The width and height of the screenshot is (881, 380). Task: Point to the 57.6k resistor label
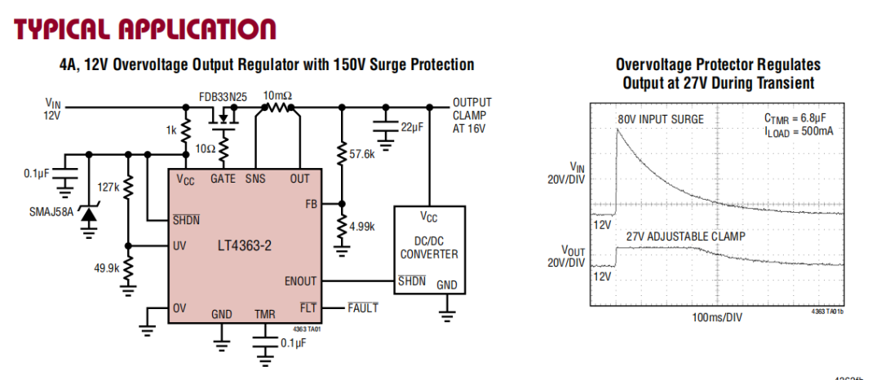361,153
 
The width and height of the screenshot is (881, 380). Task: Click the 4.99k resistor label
361,226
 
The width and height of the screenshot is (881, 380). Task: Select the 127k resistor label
108,187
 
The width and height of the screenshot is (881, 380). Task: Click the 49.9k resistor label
105,267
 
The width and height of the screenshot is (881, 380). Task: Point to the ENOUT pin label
301,281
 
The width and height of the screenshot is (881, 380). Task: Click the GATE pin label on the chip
223,178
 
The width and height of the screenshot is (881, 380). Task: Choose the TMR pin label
264,314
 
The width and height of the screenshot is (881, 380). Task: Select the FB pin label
312,203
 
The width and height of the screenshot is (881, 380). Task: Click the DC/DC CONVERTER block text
428,247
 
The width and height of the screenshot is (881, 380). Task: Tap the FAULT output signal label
363,307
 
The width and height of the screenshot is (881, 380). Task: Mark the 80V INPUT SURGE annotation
661,119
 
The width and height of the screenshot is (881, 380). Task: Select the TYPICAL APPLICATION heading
145,29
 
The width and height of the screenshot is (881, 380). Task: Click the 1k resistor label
171,130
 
